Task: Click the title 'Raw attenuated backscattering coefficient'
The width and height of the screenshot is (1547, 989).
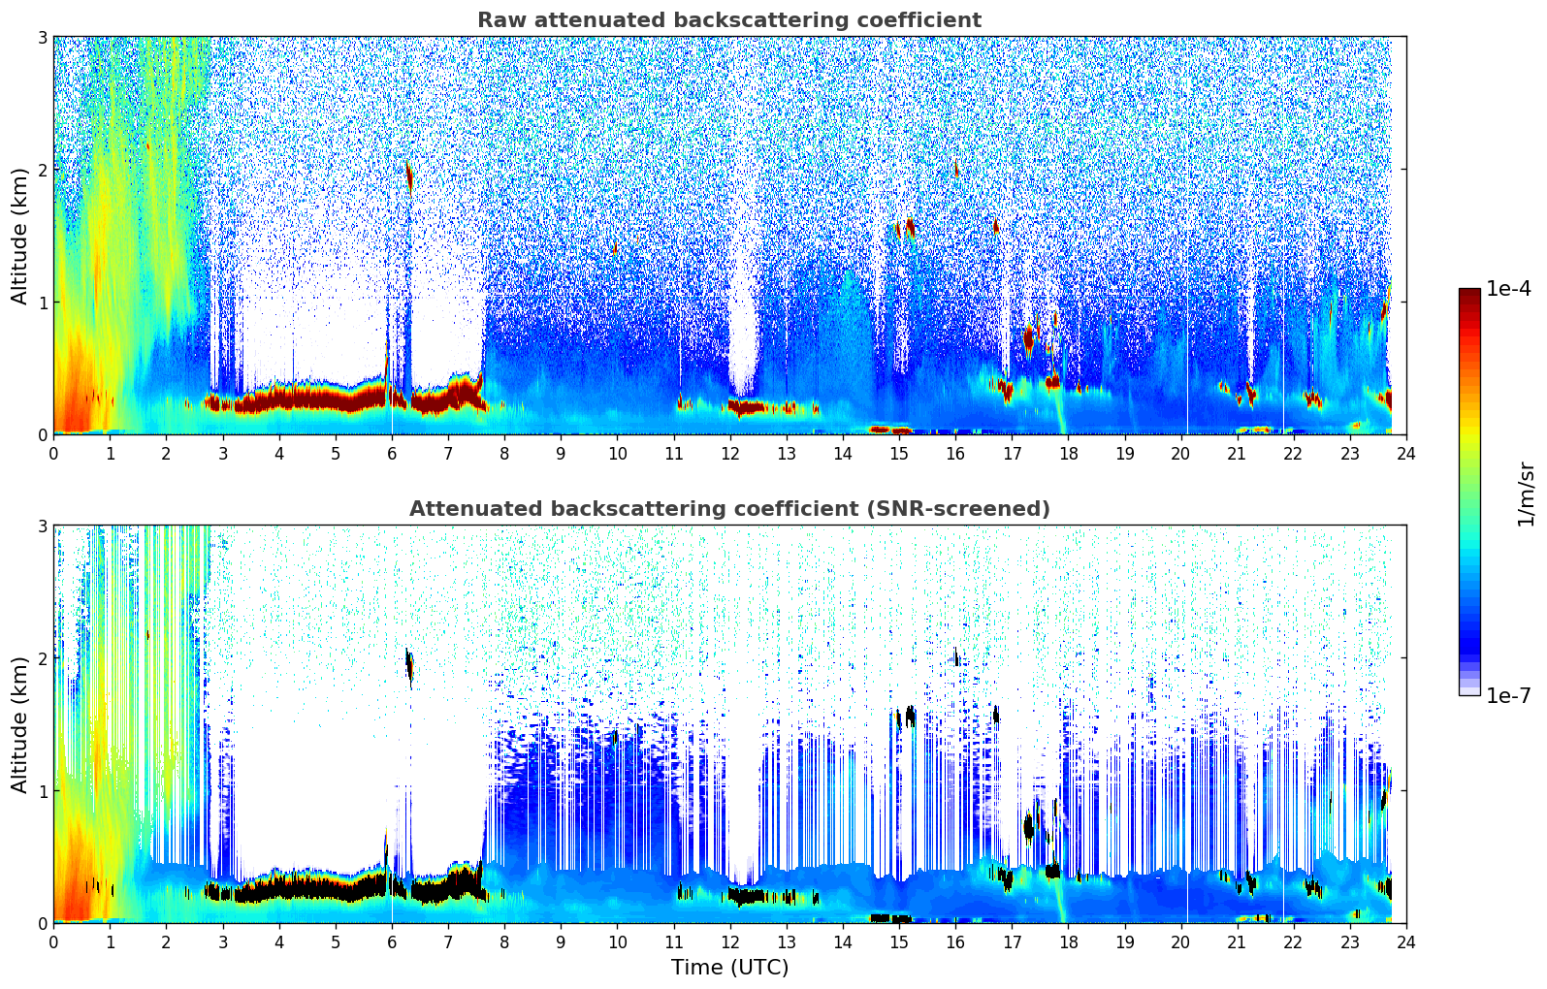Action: [x=728, y=20]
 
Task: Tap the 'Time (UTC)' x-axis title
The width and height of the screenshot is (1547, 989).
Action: [x=729, y=968]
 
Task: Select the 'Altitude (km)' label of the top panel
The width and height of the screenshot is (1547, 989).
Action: [x=19, y=236]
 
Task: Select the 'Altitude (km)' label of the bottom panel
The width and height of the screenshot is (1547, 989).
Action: [x=19, y=724]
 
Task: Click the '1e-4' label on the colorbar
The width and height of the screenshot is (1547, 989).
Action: [x=1508, y=289]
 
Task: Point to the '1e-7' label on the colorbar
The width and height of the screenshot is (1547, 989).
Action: [x=1508, y=695]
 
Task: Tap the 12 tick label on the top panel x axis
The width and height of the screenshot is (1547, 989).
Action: [x=729, y=453]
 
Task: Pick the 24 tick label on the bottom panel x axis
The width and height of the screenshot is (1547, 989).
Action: [x=1405, y=941]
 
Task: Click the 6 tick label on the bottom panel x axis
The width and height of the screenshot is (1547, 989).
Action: [x=392, y=941]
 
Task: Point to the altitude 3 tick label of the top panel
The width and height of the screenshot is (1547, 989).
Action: [x=43, y=37]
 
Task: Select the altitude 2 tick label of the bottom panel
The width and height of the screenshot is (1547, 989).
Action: [x=43, y=658]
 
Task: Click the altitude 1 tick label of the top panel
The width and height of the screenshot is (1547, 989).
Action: [x=43, y=303]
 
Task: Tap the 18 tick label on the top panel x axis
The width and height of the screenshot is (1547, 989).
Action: [x=1068, y=453]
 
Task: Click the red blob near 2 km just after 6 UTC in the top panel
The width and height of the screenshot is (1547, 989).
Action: [x=409, y=177]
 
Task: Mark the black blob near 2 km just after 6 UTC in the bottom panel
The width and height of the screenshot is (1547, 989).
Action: [x=409, y=665]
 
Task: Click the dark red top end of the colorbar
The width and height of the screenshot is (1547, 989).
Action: [x=1469, y=293]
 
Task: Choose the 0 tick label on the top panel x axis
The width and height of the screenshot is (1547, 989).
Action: [x=53, y=453]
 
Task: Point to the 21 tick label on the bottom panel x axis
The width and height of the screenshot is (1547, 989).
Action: [x=1237, y=941]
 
